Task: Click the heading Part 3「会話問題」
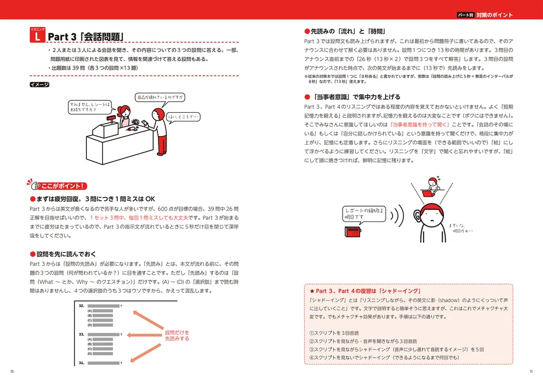(x=86, y=37)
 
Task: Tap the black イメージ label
(x=40, y=85)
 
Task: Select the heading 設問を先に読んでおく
(x=66, y=254)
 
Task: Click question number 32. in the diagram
(x=81, y=306)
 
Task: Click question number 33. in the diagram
(x=81, y=334)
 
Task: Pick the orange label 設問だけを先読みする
(x=177, y=335)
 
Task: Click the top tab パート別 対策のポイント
(x=484, y=15)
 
